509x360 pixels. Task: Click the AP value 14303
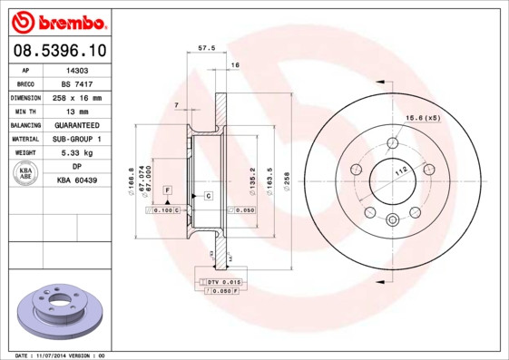[x=78, y=69]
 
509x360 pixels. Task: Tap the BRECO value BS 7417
[x=78, y=83]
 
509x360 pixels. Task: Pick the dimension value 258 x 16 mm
[x=78, y=97]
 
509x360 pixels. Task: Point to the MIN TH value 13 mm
[x=78, y=111]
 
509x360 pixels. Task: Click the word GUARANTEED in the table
[x=78, y=125]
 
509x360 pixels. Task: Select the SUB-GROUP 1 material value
[x=78, y=139]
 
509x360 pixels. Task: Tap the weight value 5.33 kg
[x=78, y=153]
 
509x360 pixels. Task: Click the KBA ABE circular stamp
[x=26, y=173]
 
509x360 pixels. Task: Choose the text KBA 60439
[x=78, y=180]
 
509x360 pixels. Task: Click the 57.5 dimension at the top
[x=206, y=48]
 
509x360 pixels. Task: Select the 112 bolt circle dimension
[x=399, y=170]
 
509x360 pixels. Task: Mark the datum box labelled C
[x=208, y=196]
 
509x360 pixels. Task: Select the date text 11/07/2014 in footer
[x=67, y=355]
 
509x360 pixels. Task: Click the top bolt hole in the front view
[x=392, y=142]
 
